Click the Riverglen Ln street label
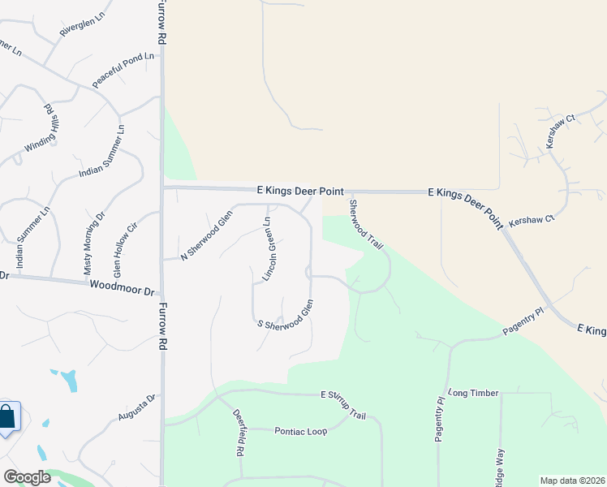pyautogui.click(x=83, y=23)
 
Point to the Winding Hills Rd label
pyautogui.click(x=39, y=128)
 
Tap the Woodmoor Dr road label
pyautogui.click(x=122, y=287)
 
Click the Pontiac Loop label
pyautogui.click(x=300, y=432)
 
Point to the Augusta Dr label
pyautogui.click(x=136, y=409)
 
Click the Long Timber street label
pyautogui.click(x=471, y=393)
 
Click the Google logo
pyautogui.click(x=27, y=476)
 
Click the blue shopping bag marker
pyautogui.click(x=7, y=417)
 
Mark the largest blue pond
pyautogui.click(x=68, y=379)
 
